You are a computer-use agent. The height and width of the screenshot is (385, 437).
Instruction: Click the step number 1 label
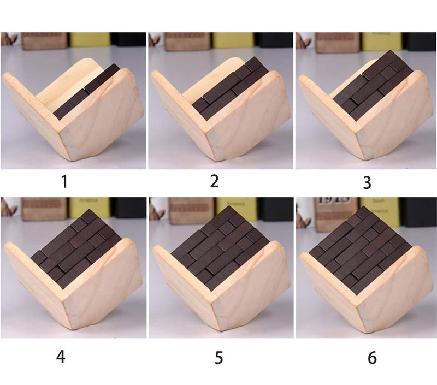[x=64, y=181]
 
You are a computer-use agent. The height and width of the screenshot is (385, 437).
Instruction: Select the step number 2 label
[x=214, y=181]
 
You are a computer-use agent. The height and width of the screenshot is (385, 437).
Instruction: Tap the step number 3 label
[x=367, y=182]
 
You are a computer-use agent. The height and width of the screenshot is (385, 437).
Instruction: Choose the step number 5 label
[x=218, y=358]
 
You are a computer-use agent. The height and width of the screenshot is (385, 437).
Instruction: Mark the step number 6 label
[x=372, y=358]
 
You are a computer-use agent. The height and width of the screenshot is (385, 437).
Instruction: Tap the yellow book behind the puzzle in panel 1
[x=89, y=40]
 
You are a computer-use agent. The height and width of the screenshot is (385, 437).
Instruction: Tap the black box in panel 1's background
[x=128, y=39]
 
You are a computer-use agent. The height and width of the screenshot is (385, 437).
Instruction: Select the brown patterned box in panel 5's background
[x=188, y=210]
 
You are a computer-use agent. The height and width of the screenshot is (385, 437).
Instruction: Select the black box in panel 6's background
[x=417, y=210]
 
